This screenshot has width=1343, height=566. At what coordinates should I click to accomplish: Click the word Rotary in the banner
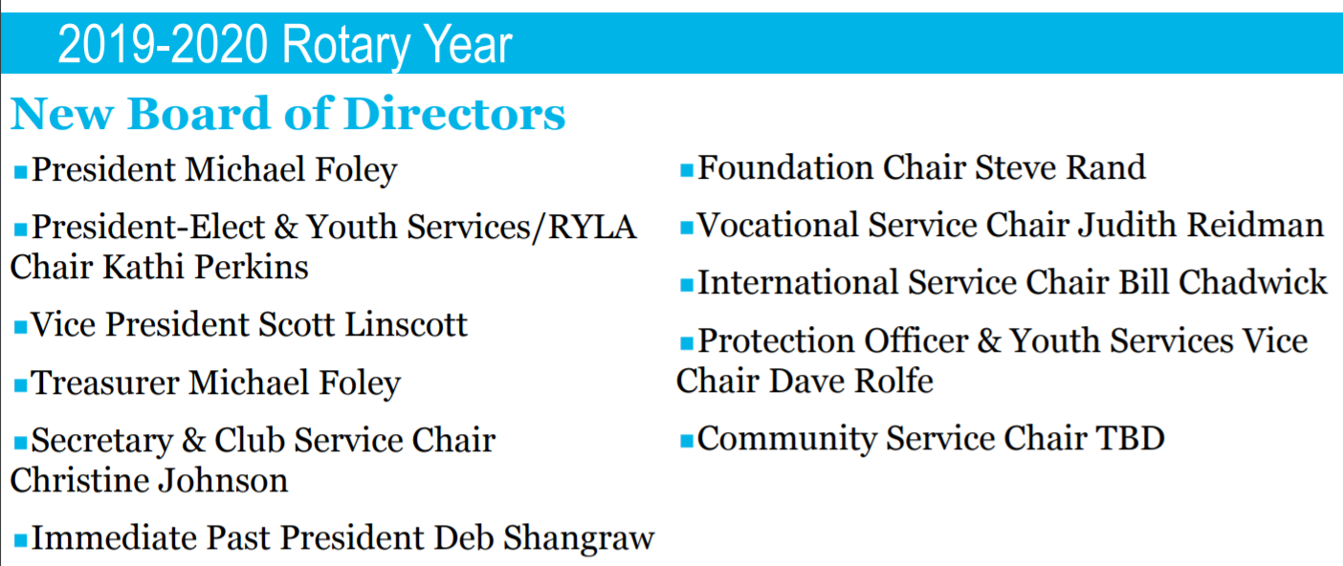pyautogui.click(x=345, y=46)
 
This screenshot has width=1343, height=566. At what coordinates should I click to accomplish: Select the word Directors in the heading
pyautogui.click(x=454, y=113)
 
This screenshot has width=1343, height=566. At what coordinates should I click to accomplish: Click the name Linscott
pyautogui.click(x=406, y=325)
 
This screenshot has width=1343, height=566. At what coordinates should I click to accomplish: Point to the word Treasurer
pyautogui.click(x=105, y=382)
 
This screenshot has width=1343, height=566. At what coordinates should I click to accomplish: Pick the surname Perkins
pyautogui.click(x=252, y=267)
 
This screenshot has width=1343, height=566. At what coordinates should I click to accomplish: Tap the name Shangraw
pyautogui.click(x=579, y=538)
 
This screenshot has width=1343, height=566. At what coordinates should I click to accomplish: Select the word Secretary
pyautogui.click(x=102, y=442)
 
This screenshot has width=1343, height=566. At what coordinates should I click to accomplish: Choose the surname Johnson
pyautogui.click(x=223, y=481)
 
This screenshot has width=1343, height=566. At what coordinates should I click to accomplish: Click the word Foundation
pyautogui.click(x=785, y=167)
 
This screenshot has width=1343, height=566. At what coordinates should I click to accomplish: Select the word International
pyautogui.click(x=798, y=283)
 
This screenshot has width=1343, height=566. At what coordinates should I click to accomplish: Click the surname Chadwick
pyautogui.click(x=1252, y=283)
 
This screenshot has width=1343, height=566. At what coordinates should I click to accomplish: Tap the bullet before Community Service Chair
pyautogui.click(x=687, y=442)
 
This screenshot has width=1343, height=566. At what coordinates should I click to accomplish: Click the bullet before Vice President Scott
pyautogui.click(x=20, y=328)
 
